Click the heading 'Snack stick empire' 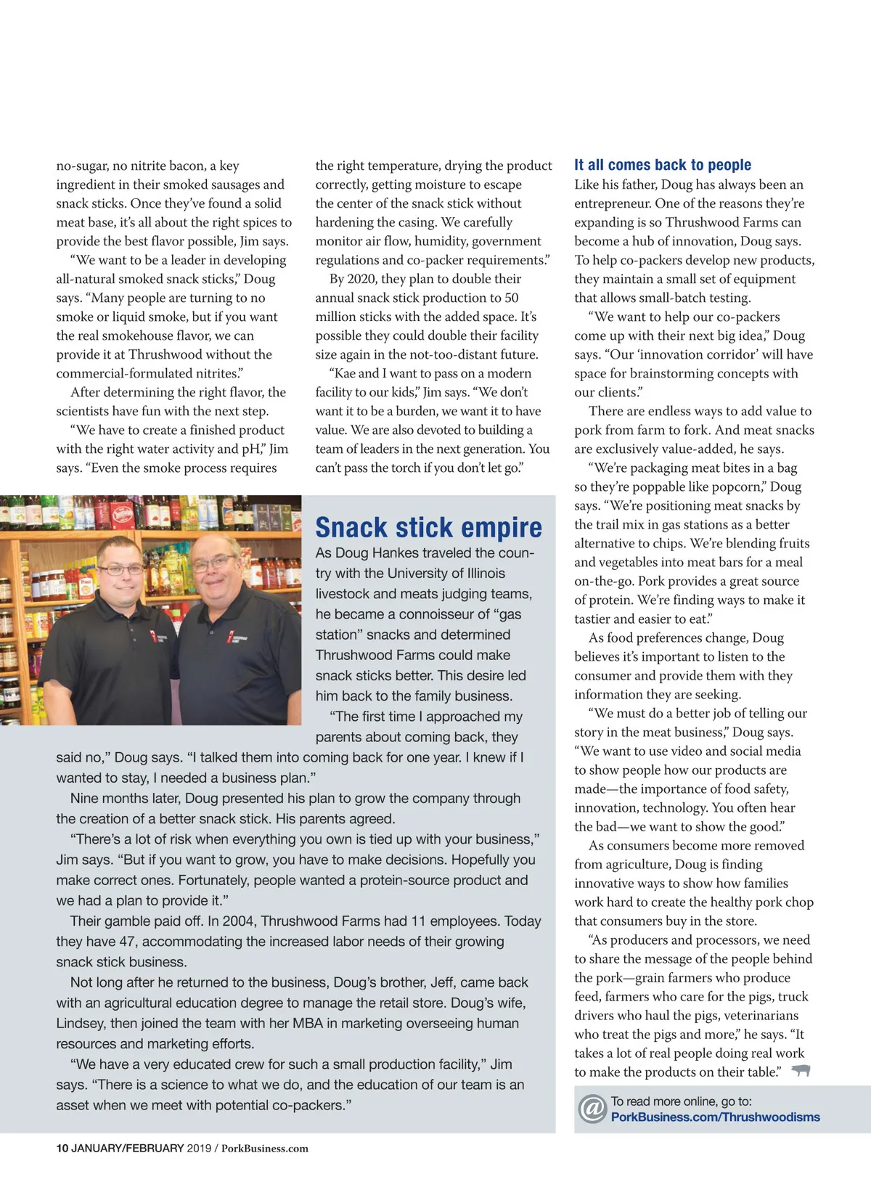click(x=428, y=527)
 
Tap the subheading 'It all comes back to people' click(x=663, y=165)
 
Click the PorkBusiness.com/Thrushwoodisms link click(x=715, y=1117)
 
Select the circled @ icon click(x=592, y=1109)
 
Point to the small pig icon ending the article click(x=801, y=1071)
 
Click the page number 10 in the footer click(x=62, y=1148)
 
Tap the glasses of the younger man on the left click(x=120, y=570)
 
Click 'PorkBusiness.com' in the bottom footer click(x=265, y=1148)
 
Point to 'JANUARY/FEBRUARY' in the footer click(x=128, y=1148)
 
